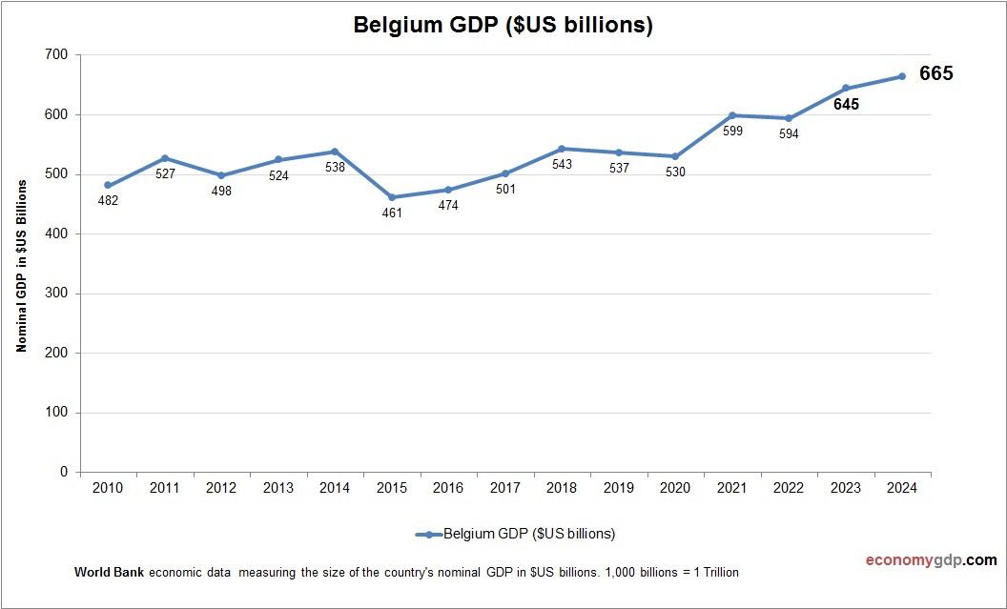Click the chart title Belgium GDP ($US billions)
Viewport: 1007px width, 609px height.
click(503, 26)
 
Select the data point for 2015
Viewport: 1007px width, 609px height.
click(392, 197)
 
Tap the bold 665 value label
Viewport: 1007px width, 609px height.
click(936, 74)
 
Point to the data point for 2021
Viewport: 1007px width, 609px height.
click(732, 115)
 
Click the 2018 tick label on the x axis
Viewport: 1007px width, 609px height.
click(562, 488)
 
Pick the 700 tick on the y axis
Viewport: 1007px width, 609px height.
click(56, 55)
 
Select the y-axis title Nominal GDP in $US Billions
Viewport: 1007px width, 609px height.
click(21, 264)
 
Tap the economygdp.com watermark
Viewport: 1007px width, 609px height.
click(917, 560)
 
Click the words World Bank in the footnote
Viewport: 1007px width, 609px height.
click(109, 573)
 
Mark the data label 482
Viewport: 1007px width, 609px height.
click(108, 201)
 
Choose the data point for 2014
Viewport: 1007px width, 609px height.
click(335, 152)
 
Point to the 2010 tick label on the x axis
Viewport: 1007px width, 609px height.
click(108, 488)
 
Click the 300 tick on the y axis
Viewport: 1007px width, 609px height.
click(56, 294)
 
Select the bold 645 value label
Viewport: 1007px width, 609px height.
click(846, 105)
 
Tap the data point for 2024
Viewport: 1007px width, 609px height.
click(902, 76)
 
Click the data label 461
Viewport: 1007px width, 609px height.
click(392, 213)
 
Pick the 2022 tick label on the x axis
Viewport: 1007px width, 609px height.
click(789, 488)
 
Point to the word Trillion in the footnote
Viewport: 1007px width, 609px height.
click(718, 573)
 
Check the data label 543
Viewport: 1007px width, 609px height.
click(562, 165)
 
